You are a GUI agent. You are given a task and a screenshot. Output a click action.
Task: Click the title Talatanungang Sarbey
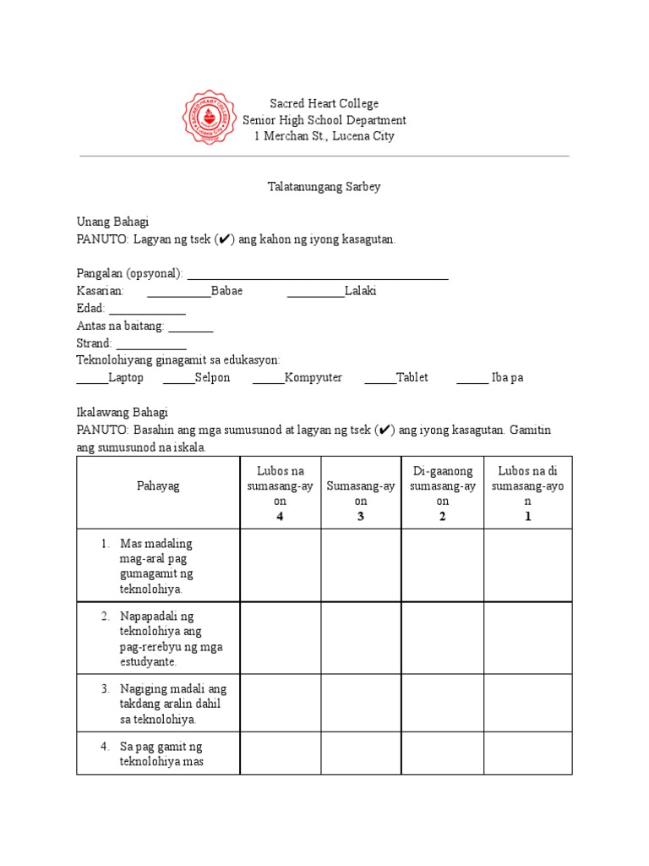[x=324, y=187]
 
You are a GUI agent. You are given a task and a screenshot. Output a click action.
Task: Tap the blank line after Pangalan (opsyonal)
[x=317, y=276]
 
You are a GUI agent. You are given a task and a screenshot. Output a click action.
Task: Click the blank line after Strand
[x=150, y=346]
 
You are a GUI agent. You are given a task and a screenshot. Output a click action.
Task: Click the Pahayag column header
[x=158, y=485]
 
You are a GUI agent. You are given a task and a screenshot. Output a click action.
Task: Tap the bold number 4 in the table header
[x=280, y=517]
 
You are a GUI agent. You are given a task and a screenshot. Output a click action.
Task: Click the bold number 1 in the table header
[x=528, y=517]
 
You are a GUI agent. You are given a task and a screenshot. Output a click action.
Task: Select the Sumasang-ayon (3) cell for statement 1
[x=361, y=565]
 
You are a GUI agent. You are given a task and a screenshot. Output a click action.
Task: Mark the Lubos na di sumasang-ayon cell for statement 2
[x=528, y=638]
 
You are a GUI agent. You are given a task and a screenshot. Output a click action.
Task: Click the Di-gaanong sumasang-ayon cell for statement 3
[x=442, y=704]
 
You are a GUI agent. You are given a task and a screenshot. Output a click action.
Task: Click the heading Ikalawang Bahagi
[x=123, y=413]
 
